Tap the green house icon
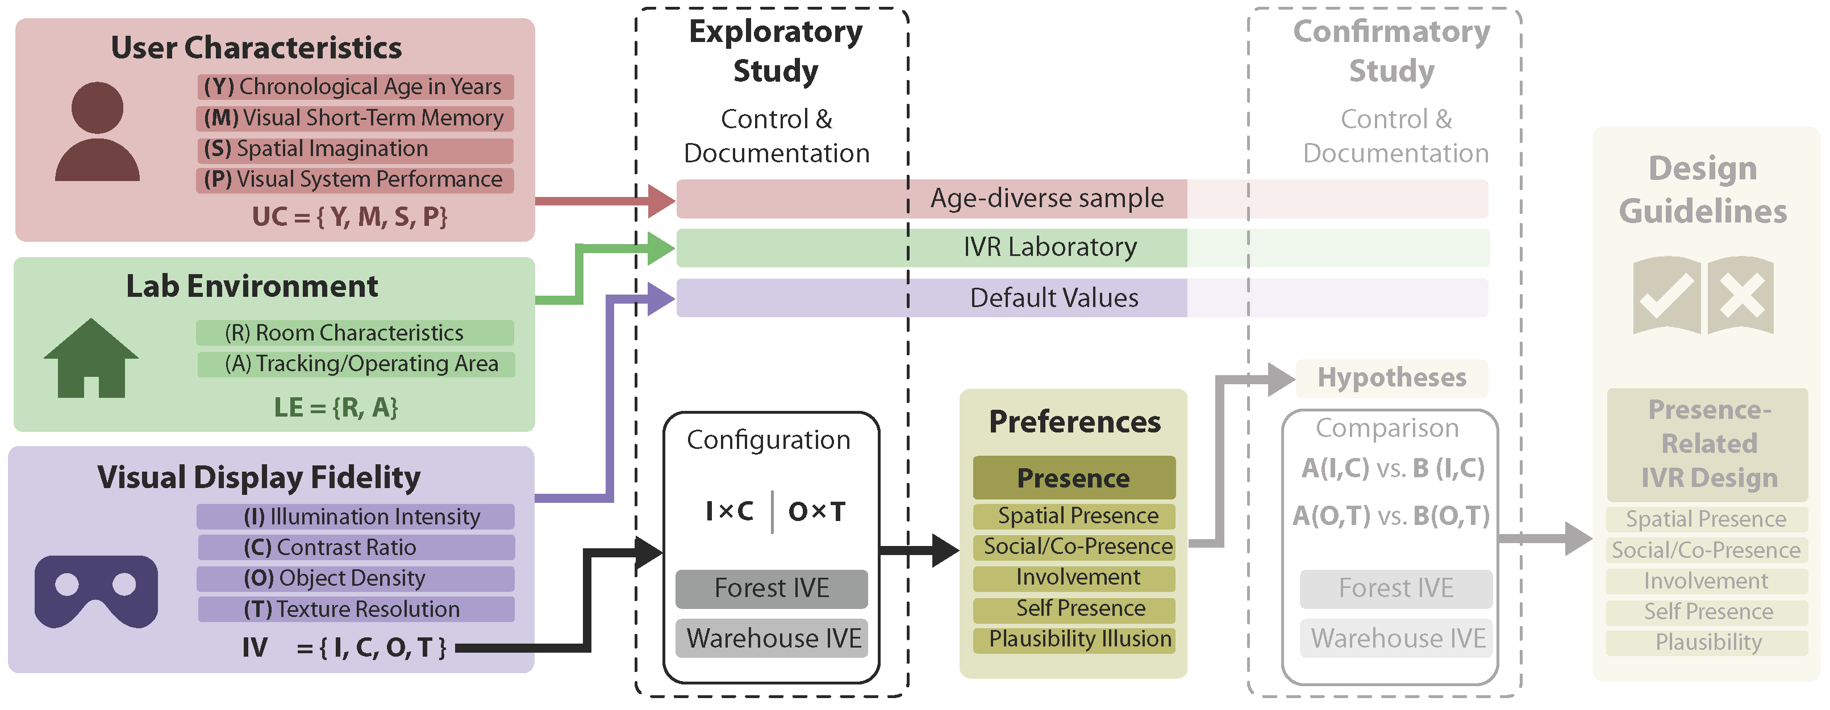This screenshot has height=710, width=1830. [91, 358]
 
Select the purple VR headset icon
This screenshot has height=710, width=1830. [97, 591]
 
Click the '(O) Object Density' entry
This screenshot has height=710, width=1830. [335, 578]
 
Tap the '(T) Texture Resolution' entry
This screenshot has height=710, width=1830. [352, 609]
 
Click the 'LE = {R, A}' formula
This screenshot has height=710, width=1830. [336, 407]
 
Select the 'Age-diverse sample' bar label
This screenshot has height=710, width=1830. [1047, 198]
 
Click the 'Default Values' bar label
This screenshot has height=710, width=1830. [1054, 297]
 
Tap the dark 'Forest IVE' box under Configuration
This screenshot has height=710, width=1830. [772, 589]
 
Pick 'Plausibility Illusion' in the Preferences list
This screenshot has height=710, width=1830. [1080, 639]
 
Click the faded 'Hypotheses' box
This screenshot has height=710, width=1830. [1392, 378]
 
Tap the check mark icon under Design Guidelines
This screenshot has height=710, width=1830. [1666, 295]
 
